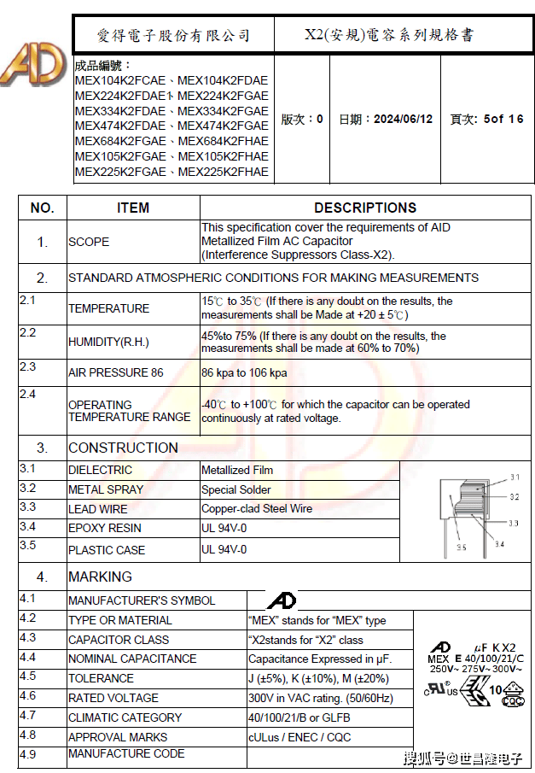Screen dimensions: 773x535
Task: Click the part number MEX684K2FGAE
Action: [x=120, y=141]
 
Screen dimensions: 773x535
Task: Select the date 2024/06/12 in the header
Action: [x=386, y=119]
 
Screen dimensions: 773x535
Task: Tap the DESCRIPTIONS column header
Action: [x=365, y=208]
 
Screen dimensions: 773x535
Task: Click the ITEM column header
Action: [x=133, y=208]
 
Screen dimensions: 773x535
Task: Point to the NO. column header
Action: [x=42, y=208]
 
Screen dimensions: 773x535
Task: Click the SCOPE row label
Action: [x=89, y=242]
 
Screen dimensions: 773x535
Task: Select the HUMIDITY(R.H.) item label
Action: [x=108, y=342]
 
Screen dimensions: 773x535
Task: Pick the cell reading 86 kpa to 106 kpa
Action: [x=244, y=373]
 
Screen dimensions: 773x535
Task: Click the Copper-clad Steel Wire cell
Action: [x=257, y=508]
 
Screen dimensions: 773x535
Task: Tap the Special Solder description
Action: [x=236, y=489]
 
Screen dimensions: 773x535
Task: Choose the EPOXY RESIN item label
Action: [x=105, y=528]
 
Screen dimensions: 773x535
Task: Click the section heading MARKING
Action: [x=100, y=577]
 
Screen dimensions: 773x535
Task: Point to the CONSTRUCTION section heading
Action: [x=123, y=448]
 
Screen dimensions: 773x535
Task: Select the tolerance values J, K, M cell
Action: [x=318, y=678]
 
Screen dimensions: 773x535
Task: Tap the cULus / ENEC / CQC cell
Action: [x=299, y=737]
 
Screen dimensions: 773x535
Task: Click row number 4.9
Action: [x=28, y=754]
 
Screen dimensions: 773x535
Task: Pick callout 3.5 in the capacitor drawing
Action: [x=461, y=547]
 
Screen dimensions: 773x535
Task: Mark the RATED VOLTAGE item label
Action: [x=113, y=698]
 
